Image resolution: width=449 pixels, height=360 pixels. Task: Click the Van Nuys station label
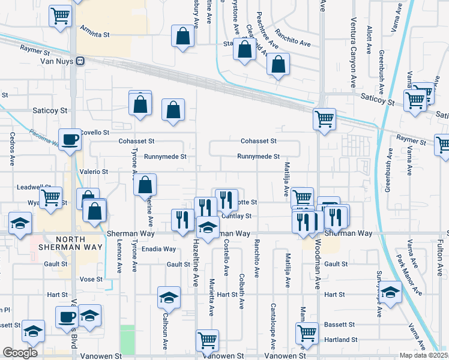click(x=56, y=61)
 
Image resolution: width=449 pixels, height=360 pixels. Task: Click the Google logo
click(x=20, y=353)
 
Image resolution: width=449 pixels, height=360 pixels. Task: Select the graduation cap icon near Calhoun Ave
click(x=169, y=298)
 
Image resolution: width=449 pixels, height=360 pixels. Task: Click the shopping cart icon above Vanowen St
click(x=208, y=341)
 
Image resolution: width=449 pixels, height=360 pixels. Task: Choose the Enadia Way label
click(x=160, y=249)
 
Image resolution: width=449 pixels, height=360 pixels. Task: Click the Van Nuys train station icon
click(x=79, y=61)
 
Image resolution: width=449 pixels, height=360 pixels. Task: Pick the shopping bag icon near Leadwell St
click(x=145, y=185)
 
